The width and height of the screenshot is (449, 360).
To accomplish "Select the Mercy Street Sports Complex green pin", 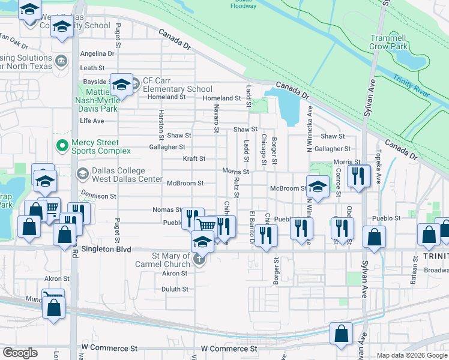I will coord(61,146).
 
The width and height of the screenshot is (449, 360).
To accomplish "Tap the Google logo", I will coord(20,353).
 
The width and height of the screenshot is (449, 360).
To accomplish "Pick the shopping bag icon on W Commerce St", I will coord(341,334).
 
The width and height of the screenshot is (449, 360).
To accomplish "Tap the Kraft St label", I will coord(194,159).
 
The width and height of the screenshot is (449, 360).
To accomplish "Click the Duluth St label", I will coord(175,289).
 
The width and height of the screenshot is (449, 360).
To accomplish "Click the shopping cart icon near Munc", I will coord(53,296).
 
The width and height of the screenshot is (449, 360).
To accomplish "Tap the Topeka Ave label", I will coord(378,167).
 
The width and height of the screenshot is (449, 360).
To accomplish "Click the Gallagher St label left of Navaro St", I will coord(167,147).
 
